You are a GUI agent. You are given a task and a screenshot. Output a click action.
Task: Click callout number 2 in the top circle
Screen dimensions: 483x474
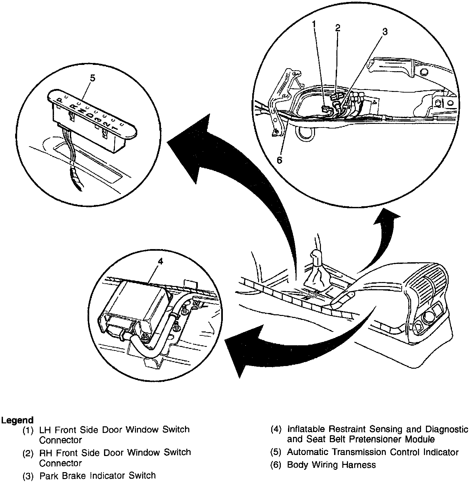pyautogui.click(x=338, y=28)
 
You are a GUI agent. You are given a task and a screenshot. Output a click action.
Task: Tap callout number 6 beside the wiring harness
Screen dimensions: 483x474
pyautogui.click(x=279, y=160)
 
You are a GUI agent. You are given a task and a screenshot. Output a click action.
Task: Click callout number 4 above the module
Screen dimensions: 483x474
pyautogui.click(x=160, y=261)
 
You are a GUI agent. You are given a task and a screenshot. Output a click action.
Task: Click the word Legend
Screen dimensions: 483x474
pyautogui.click(x=17, y=420)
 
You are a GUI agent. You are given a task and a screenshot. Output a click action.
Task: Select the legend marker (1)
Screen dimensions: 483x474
pyautogui.click(x=28, y=430)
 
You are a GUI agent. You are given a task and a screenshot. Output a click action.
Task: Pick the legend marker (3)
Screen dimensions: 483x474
pyautogui.click(x=28, y=476)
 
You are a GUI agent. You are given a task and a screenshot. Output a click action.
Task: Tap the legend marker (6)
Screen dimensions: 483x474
pyautogui.click(x=276, y=465)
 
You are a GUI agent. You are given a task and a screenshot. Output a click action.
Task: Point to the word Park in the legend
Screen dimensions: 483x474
pyautogui.click(x=48, y=476)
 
